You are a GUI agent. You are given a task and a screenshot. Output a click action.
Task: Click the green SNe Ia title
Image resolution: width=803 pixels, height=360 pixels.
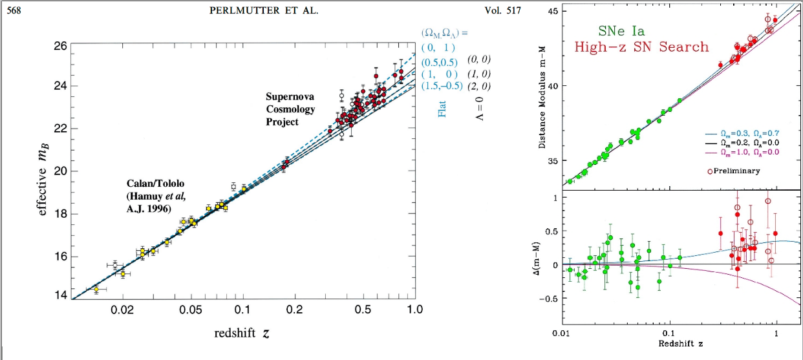621,30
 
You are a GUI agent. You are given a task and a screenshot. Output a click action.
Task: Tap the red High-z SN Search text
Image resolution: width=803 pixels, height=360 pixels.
641,47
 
